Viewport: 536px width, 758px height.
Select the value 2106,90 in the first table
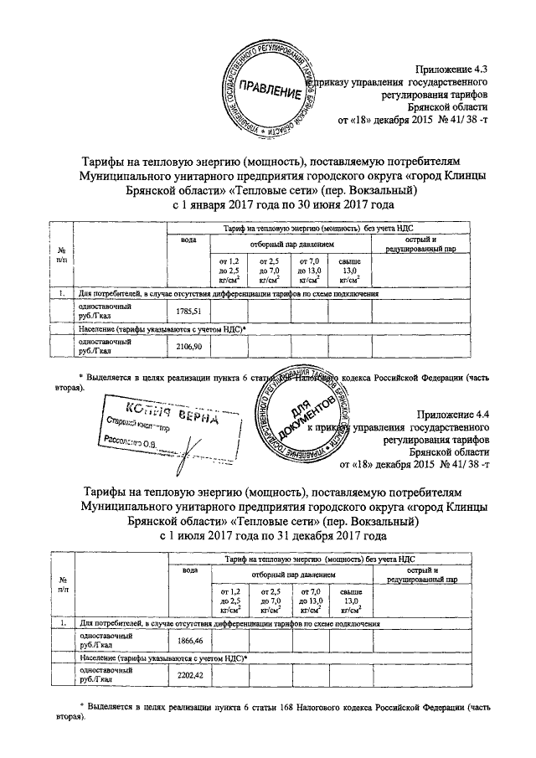point(188,345)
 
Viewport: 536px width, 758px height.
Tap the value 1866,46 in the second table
point(190,641)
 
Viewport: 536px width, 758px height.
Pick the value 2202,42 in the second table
point(190,674)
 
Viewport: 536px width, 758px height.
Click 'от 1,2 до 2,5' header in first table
point(229,272)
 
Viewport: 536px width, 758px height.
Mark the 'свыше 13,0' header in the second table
point(349,601)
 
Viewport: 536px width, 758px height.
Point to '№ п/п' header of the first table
point(61,256)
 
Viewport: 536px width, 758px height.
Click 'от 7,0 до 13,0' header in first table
point(309,272)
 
